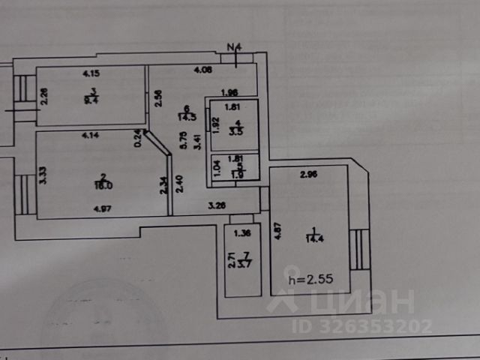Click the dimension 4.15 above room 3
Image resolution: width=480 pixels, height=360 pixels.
91,73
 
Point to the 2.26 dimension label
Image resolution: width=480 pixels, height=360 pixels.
44,97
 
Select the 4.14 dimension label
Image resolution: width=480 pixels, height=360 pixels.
91,136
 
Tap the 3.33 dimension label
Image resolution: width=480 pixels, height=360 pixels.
44,175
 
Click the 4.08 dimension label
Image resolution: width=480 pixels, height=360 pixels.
202,71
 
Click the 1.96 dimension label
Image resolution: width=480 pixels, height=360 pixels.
229,92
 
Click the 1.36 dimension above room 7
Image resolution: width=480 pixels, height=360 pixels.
242,233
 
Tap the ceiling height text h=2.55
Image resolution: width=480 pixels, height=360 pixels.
310,279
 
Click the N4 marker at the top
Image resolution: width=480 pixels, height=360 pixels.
235,46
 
